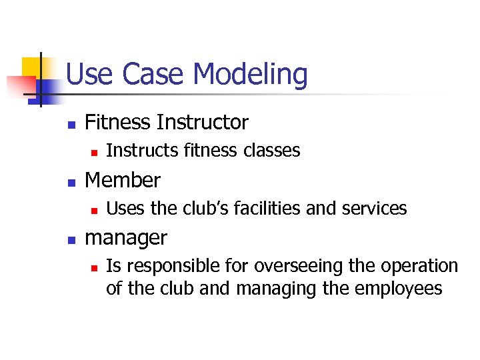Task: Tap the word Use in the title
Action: (x=90, y=74)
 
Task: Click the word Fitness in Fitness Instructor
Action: (x=119, y=122)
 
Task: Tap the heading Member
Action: (x=123, y=180)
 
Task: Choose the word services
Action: (x=373, y=209)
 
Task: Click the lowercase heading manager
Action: (x=127, y=237)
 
